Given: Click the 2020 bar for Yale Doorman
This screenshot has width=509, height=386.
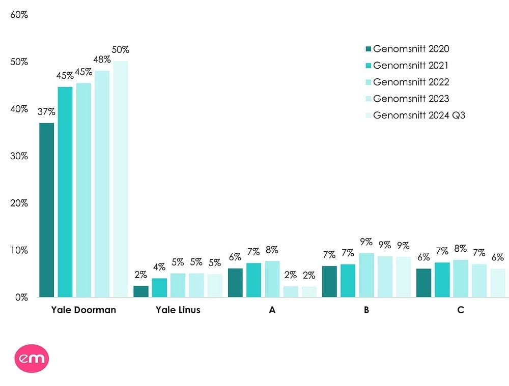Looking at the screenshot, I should tap(46, 210).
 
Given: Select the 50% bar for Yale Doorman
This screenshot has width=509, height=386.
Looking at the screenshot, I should tap(121, 179).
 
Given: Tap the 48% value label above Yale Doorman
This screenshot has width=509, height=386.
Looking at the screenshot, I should tap(102, 60).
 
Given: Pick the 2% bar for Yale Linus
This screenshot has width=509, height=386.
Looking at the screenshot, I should tap(141, 291).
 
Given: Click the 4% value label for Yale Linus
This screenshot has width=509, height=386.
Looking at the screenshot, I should tap(159, 267).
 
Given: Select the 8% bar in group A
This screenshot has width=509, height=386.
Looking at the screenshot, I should tap(272, 279).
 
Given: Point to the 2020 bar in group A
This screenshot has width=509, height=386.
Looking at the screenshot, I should tap(235, 282).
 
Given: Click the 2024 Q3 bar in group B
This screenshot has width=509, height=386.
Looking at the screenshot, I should tap(403, 277).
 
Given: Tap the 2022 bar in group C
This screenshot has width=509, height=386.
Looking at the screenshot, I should tap(461, 278).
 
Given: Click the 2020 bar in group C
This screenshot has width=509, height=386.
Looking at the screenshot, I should tap(423, 282).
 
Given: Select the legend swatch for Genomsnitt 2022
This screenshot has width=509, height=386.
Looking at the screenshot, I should tap(369, 82).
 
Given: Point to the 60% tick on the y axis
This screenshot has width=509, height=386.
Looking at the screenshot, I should tap(19, 15).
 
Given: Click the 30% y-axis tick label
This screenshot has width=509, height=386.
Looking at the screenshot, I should tap(19, 156).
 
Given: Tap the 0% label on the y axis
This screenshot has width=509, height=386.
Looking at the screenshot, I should tap(21, 298).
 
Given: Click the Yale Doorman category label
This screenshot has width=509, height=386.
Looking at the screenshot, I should tap(83, 310).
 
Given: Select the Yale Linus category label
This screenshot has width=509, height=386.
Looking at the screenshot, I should tap(178, 310).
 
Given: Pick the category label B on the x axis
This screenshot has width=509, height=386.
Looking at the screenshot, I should tap(366, 310).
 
